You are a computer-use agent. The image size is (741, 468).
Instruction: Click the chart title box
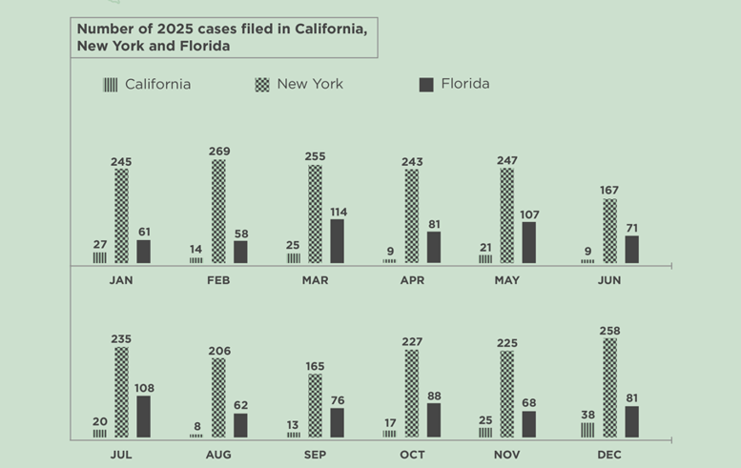click(x=223, y=37)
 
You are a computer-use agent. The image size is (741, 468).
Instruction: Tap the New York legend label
click(x=310, y=84)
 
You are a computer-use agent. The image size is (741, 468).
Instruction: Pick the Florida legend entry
click(x=454, y=84)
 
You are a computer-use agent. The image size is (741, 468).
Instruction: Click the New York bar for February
click(x=218, y=212)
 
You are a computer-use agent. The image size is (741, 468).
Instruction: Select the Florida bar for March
click(x=337, y=241)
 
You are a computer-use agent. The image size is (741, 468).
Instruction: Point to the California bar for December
click(x=587, y=430)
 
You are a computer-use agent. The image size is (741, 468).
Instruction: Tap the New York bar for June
click(x=609, y=232)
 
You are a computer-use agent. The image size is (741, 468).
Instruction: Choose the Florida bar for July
click(x=143, y=417)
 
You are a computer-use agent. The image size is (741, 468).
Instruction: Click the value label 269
click(x=218, y=152)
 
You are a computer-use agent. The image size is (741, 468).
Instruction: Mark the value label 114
click(x=337, y=212)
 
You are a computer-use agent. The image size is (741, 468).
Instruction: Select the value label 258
click(x=609, y=331)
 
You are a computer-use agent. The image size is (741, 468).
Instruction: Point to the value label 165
click(x=314, y=366)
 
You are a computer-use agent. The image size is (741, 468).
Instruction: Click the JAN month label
click(x=121, y=280)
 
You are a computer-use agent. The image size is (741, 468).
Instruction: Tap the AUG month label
click(x=218, y=455)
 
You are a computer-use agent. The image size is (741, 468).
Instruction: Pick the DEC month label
click(x=609, y=455)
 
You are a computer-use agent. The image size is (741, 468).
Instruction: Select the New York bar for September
click(x=315, y=406)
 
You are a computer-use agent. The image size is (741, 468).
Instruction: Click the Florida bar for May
click(x=529, y=243)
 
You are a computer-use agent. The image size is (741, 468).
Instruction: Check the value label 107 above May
click(x=529, y=214)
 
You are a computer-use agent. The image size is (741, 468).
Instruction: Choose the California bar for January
click(x=99, y=257)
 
